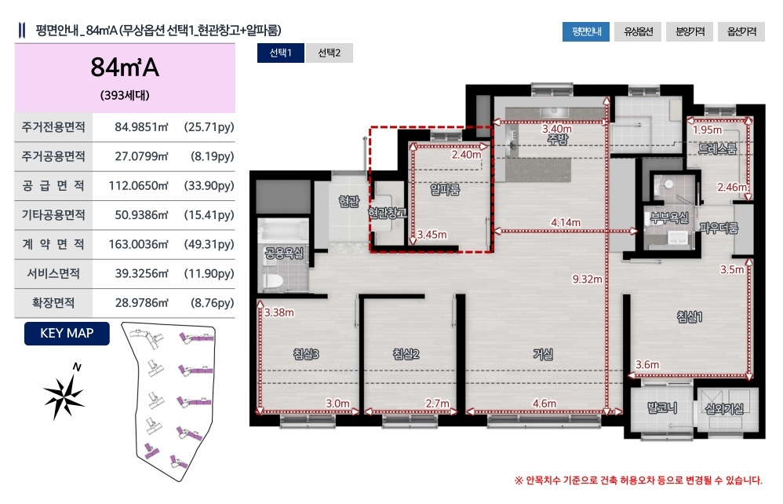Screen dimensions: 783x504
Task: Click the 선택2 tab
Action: pyautogui.click(x=329, y=53)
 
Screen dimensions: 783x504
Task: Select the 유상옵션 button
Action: pyautogui.click(x=638, y=31)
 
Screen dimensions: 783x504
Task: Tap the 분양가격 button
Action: pyautogui.click(x=690, y=31)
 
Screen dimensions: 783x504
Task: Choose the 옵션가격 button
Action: pyautogui.click(x=741, y=31)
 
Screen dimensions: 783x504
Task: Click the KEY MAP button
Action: pyautogui.click(x=67, y=333)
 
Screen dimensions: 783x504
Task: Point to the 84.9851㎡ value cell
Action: pyautogui.click(x=141, y=127)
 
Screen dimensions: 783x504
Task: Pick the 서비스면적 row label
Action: pyautogui.click(x=53, y=274)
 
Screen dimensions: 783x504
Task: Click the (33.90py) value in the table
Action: pyautogui.click(x=209, y=186)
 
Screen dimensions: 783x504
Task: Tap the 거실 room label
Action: pyautogui.click(x=543, y=354)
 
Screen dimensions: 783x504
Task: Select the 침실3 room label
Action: pyautogui.click(x=306, y=354)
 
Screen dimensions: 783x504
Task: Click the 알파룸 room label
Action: pyautogui.click(x=444, y=189)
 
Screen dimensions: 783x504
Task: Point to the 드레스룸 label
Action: pyautogui.click(x=717, y=148)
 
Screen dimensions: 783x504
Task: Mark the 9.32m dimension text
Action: pyautogui.click(x=587, y=279)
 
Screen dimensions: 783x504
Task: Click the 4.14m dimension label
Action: pyautogui.click(x=565, y=222)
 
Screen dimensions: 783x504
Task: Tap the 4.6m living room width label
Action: pyautogui.click(x=544, y=403)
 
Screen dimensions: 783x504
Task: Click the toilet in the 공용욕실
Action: pyautogui.click(x=273, y=281)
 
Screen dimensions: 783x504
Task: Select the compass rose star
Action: pyautogui.click(x=64, y=395)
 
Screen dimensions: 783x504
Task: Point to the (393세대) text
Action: pyautogui.click(x=125, y=96)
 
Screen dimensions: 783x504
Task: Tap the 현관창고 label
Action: pyautogui.click(x=387, y=214)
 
